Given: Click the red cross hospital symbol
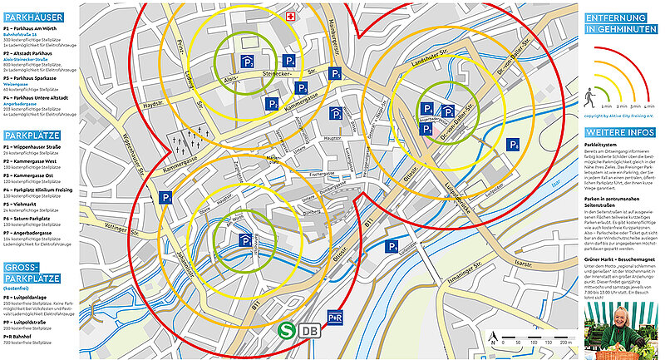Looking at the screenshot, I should pos(290,17).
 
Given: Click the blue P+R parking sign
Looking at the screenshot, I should pos(336,319).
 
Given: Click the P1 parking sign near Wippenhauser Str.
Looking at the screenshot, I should pos(167,198).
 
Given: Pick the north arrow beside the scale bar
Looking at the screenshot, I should pos(494,338).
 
